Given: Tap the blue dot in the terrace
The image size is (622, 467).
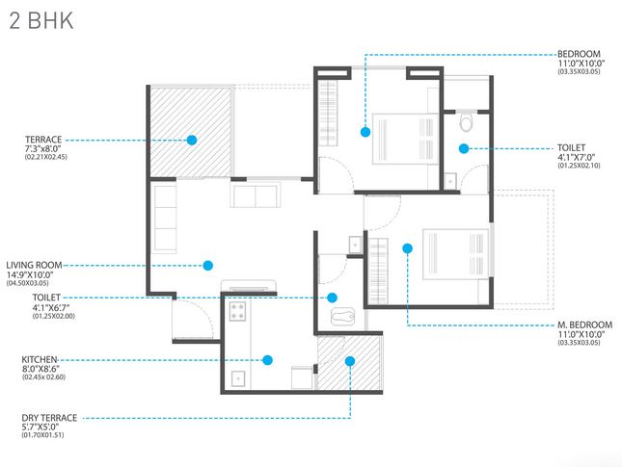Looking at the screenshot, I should (192, 140).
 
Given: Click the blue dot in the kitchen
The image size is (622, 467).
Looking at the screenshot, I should (270, 360).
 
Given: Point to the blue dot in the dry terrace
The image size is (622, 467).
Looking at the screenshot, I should (349, 361).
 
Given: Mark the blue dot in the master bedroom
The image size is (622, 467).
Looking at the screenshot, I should (407, 248).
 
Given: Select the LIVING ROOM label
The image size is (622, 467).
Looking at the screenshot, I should (35, 264).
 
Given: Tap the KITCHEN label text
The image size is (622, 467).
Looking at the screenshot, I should (40, 358).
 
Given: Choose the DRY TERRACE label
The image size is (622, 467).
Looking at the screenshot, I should (49, 418).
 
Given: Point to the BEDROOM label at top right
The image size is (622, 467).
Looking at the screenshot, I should (581, 54).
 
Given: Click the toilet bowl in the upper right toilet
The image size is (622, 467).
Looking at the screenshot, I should (466, 122).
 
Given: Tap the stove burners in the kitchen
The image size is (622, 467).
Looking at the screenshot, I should (236, 311).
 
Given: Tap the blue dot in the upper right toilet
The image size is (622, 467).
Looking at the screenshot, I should (464, 148).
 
